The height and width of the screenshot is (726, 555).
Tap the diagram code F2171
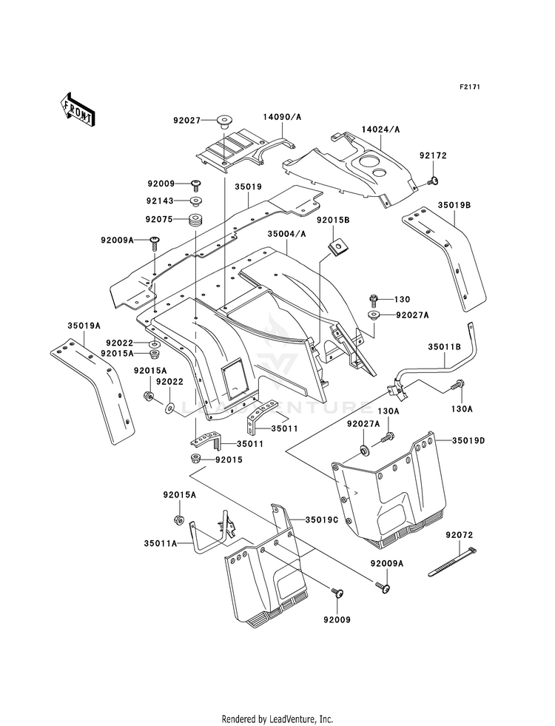click(x=470, y=87)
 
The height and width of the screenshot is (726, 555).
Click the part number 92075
click(x=159, y=219)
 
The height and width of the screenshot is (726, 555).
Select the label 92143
click(x=160, y=201)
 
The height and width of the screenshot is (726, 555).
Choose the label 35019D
click(x=469, y=441)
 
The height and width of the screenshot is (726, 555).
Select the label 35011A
click(x=161, y=542)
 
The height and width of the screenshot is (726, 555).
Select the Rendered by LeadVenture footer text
click(x=277, y=719)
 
